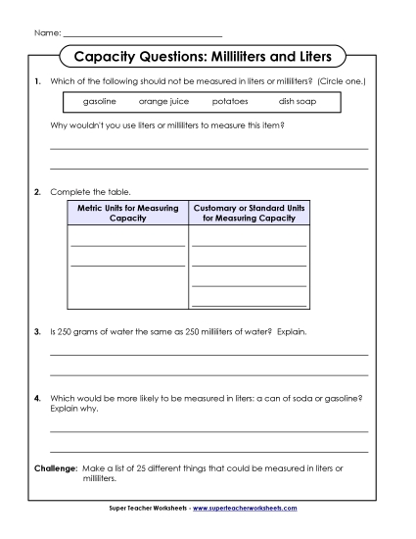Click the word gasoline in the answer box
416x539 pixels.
[x=100, y=101]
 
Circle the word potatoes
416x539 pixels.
[x=229, y=101]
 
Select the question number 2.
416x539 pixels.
[x=37, y=191]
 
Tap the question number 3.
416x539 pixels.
[x=37, y=331]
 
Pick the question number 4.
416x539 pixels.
[x=37, y=399]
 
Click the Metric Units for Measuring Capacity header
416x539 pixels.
[x=127, y=213]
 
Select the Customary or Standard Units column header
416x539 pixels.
[x=249, y=213]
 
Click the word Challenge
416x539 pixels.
[x=55, y=468]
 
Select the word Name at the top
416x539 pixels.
[x=46, y=33]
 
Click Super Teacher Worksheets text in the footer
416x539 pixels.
[x=147, y=509]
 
